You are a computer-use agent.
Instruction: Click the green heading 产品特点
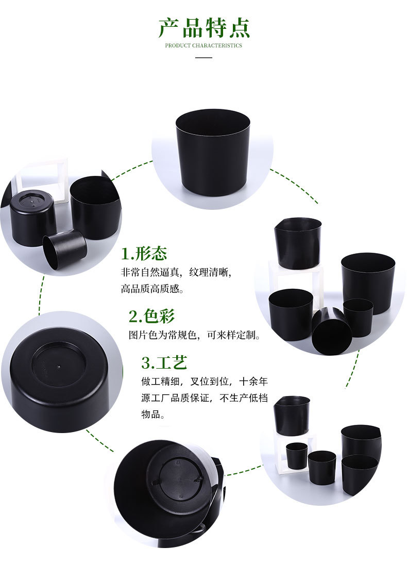tap(203, 28)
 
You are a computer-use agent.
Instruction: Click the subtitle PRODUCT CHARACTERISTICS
tap(203, 45)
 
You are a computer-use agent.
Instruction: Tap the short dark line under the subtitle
tap(203, 57)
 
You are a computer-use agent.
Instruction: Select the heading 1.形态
tap(144, 254)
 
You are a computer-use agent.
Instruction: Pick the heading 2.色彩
tap(152, 316)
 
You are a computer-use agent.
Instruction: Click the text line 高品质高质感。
tap(152, 289)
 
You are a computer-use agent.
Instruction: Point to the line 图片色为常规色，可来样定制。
tap(195, 335)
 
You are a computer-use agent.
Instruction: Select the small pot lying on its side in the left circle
tap(64, 249)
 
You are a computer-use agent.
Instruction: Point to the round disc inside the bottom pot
tap(180, 478)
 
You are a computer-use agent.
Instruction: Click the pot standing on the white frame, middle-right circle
tap(298, 242)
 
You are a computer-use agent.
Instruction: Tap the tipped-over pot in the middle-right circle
tap(331, 331)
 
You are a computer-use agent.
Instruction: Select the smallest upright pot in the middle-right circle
tap(358, 317)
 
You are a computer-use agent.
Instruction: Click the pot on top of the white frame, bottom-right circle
tap(292, 415)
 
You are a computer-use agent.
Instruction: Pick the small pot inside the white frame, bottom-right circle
tap(297, 455)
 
